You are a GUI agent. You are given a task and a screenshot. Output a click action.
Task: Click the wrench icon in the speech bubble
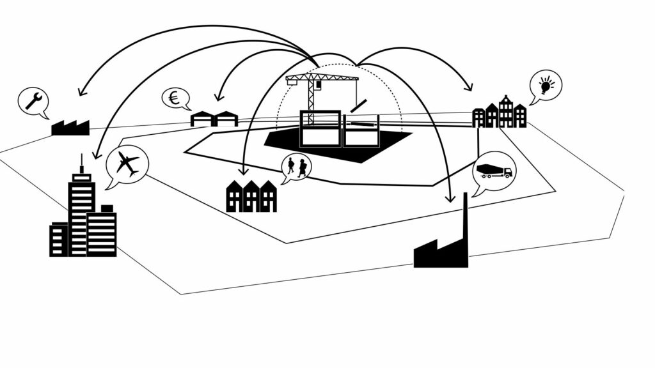pyautogui.click(x=33, y=101)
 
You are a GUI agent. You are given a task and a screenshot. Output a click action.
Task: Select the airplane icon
pyautogui.click(x=127, y=164)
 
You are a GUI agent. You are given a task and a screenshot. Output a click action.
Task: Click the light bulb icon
pyautogui.click(x=546, y=84)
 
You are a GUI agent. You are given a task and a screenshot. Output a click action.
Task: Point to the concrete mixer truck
pyautogui.click(x=494, y=171)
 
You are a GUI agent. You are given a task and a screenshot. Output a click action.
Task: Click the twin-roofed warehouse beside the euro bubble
pyautogui.click(x=214, y=118)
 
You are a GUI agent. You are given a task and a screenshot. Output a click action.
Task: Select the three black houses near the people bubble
pyautogui.click(x=251, y=197)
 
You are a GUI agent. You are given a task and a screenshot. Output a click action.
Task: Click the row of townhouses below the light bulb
pyautogui.click(x=500, y=115)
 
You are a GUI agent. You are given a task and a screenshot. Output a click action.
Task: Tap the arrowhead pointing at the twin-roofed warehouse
pyautogui.click(x=219, y=97)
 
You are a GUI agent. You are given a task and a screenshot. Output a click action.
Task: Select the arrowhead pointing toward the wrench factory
pyautogui.click(x=81, y=91)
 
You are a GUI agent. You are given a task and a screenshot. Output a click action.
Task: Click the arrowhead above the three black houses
pyautogui.click(x=243, y=171)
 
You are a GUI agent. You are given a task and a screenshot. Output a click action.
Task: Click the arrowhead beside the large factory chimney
pyautogui.click(x=452, y=197)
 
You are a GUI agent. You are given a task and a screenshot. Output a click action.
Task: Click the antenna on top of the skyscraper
pyautogui.click(x=81, y=164)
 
